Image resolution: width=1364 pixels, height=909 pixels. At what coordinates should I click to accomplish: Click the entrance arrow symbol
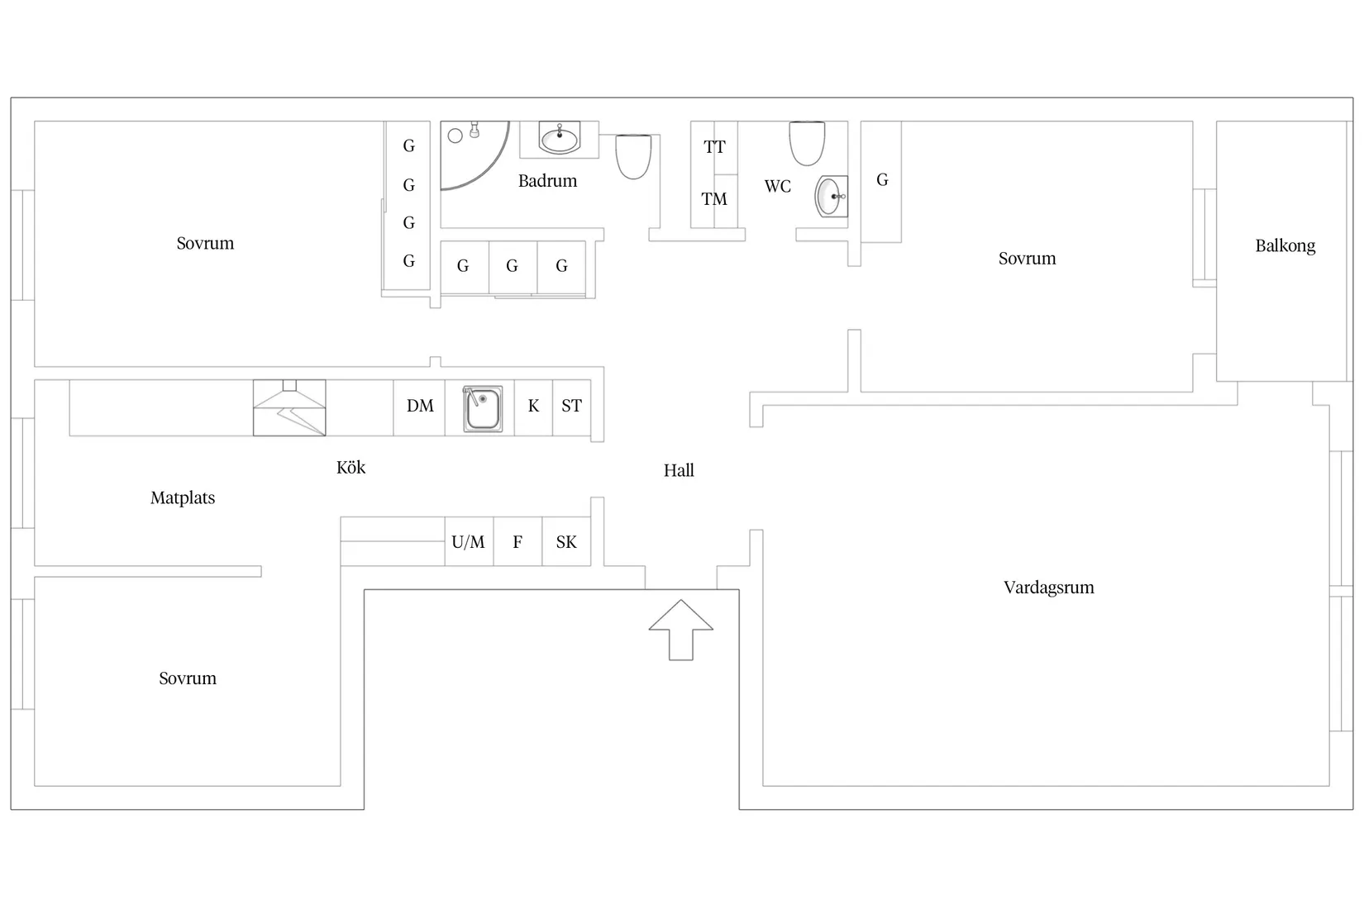click(x=681, y=631)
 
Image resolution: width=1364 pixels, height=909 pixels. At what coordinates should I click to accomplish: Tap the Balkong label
click(x=1285, y=246)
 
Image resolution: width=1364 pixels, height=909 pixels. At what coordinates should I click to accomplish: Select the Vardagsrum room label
click(x=1048, y=588)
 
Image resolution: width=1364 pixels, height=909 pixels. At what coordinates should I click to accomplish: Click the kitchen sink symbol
click(x=482, y=408)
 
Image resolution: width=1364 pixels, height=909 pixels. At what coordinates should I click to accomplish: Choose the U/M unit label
click(x=468, y=542)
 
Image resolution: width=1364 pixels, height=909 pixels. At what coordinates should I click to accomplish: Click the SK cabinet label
click(x=566, y=542)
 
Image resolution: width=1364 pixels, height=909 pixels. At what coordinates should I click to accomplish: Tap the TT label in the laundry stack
click(x=714, y=147)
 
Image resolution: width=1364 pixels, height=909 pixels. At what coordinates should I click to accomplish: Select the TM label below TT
click(x=714, y=199)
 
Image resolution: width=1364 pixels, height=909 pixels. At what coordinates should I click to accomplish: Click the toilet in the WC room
click(x=807, y=143)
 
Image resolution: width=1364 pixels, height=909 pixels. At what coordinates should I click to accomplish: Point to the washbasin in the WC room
click(x=831, y=197)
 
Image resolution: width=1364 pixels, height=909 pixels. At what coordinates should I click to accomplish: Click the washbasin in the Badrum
click(x=559, y=138)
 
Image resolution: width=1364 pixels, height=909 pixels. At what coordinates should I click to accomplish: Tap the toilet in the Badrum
click(x=633, y=156)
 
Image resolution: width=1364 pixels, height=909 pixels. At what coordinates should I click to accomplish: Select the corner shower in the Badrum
click(x=474, y=155)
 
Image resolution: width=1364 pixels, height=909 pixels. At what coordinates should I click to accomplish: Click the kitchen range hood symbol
click(x=289, y=407)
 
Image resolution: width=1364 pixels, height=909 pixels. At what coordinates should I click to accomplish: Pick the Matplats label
click(x=183, y=498)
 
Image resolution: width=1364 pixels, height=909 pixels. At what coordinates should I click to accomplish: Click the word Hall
click(x=679, y=471)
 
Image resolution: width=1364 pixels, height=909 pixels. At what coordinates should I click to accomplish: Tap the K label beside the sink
click(x=533, y=406)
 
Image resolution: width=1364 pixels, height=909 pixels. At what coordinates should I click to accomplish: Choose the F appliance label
click(x=517, y=542)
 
